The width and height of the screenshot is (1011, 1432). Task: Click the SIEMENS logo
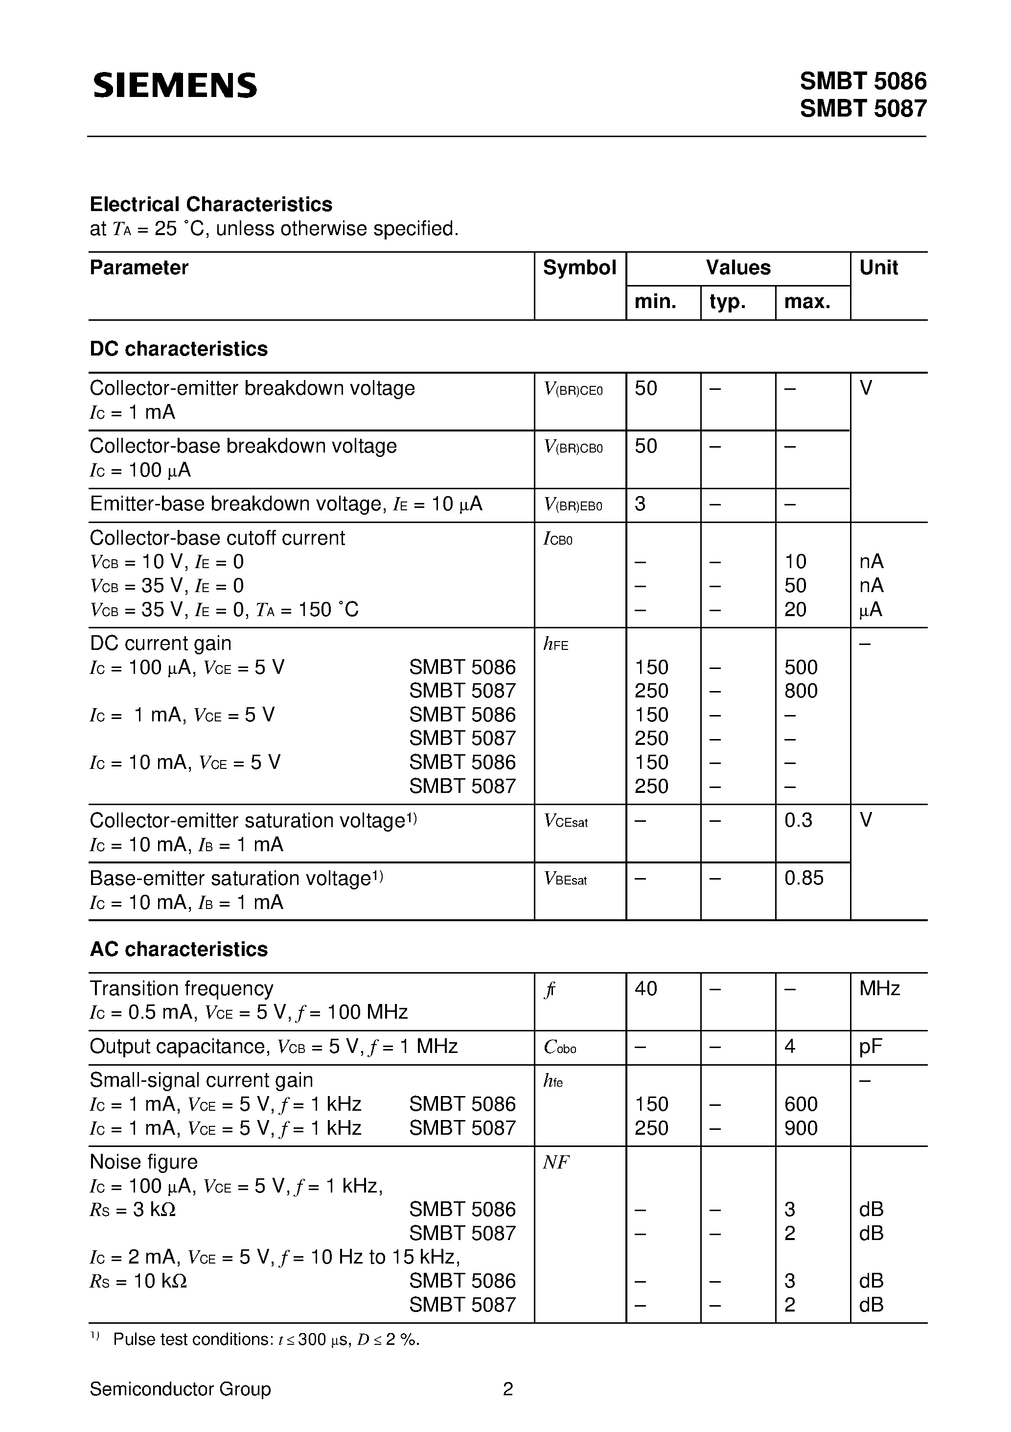175,85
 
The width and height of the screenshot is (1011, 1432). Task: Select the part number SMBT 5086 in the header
863,82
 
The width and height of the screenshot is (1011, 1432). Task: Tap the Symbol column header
579,267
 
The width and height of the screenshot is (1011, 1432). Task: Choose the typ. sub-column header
727,302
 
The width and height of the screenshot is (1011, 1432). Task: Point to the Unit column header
878,267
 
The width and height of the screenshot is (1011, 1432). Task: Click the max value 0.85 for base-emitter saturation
804,878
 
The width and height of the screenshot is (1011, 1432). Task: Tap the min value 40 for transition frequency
646,989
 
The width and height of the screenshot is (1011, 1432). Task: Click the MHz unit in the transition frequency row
879,989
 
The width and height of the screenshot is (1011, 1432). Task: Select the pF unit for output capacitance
870,1047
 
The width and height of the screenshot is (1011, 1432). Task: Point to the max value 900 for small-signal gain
800,1128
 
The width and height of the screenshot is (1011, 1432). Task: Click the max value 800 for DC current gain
800,691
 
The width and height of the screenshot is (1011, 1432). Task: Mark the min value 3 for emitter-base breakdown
640,504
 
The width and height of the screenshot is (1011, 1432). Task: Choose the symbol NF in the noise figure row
556,1163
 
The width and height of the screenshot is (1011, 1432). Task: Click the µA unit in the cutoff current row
870,609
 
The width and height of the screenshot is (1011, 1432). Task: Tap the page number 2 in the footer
507,1389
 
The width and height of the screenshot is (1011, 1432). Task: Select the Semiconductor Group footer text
180,1389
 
